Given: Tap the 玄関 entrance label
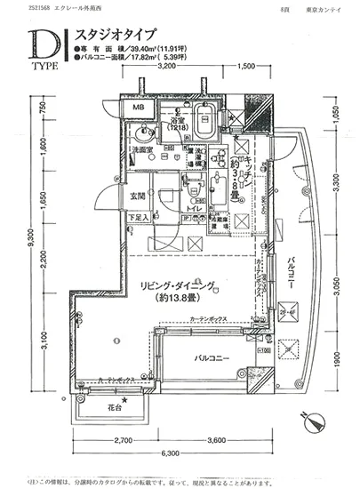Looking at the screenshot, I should point(138,196).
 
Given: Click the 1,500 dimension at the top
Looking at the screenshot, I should point(247,67).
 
